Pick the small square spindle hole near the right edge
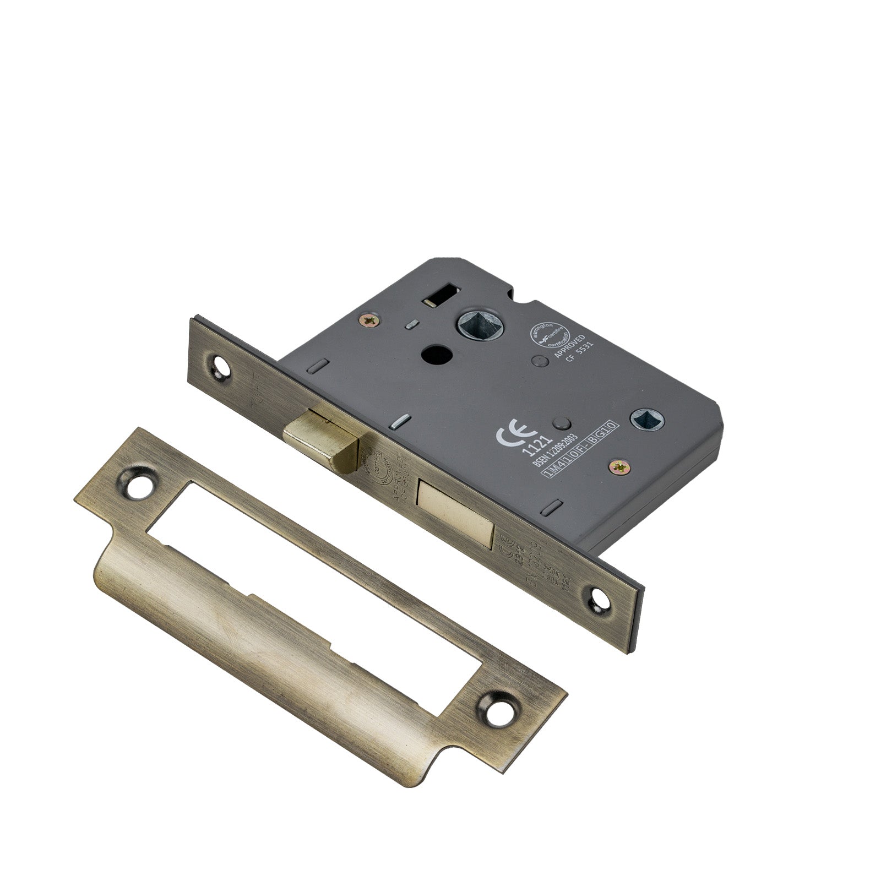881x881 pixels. coord(642,418)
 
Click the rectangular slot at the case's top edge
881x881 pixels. coord(442,300)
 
